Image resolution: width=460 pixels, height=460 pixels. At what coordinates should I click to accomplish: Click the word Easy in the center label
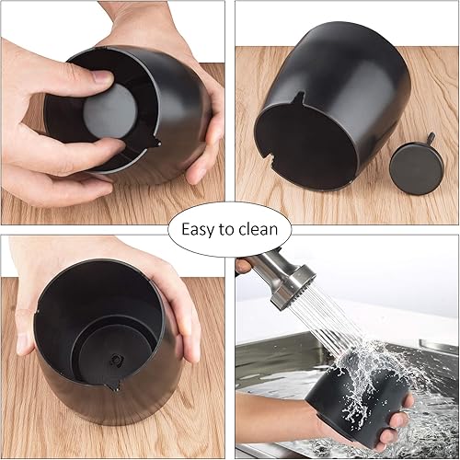198,228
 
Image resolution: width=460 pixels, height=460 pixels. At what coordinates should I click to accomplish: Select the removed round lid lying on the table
411,166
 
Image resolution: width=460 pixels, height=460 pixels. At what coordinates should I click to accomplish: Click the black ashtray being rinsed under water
354,405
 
